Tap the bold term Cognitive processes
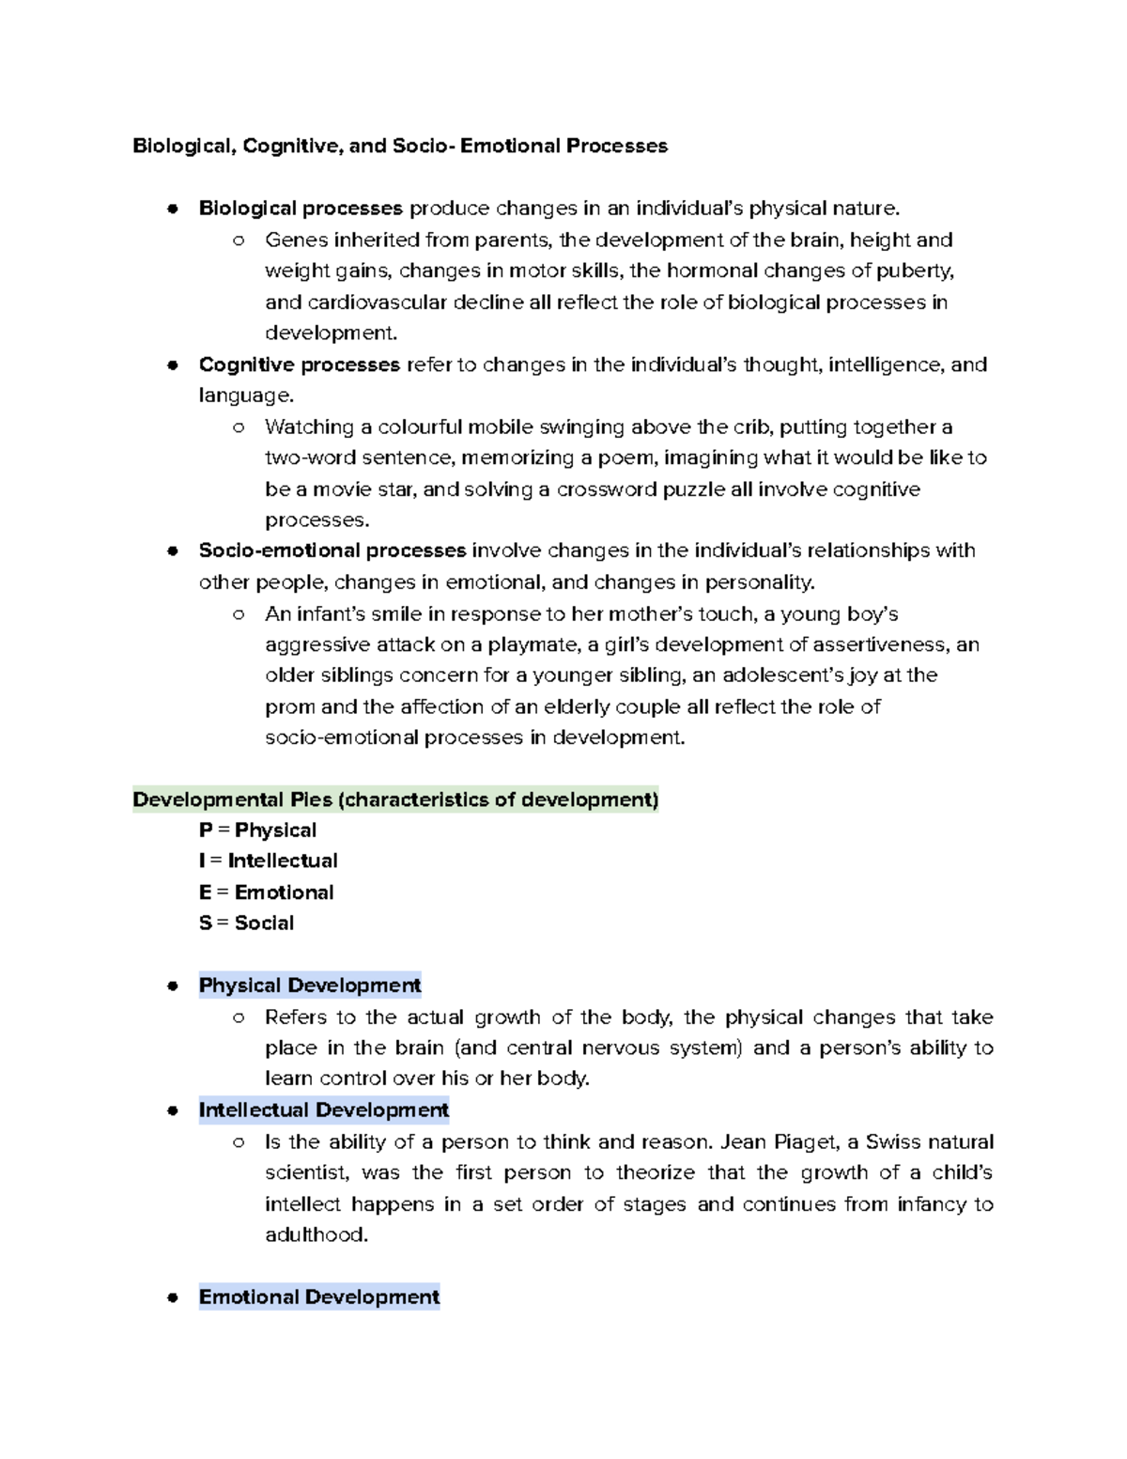[299, 365]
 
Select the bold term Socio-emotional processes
[332, 551]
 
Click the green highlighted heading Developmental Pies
[395, 799]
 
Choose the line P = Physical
[257, 830]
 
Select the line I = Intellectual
[268, 861]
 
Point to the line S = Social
[246, 923]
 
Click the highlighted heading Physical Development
[310, 986]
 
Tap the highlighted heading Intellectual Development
[324, 1110]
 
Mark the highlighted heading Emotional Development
[319, 1297]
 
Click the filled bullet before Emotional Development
[172, 1298]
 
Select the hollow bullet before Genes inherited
[239, 241]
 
